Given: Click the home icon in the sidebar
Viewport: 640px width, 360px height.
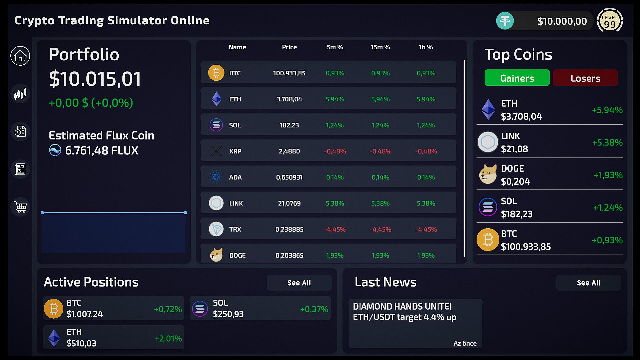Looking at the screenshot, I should point(20,56).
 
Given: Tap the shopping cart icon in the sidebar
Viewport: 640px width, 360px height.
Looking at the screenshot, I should point(20,207).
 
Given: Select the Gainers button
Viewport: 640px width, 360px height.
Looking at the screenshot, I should point(517,78).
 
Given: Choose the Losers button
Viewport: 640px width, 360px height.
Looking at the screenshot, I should point(585,78).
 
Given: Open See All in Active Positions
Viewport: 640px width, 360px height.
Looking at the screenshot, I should point(299,283).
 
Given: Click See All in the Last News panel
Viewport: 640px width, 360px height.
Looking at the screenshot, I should point(588,283).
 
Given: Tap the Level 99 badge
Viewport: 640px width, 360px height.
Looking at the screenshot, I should point(609,21).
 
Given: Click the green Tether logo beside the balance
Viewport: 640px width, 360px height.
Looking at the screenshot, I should point(505,21).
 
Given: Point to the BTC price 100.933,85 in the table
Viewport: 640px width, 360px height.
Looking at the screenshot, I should point(289,73).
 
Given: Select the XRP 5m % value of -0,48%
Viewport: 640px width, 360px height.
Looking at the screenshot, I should point(335,151).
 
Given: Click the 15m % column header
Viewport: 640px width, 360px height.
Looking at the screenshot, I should point(380,47).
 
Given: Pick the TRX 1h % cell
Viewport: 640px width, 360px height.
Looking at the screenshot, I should point(426,229).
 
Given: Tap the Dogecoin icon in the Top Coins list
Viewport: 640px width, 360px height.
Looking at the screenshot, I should point(488,174).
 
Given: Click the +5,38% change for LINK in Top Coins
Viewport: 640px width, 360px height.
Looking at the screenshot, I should point(607,143).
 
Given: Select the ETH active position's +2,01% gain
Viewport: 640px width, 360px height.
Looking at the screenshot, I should point(168,338).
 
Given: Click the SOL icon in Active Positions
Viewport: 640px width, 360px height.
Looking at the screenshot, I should point(200,309).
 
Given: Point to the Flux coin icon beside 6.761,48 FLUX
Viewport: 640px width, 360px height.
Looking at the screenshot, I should point(55,150).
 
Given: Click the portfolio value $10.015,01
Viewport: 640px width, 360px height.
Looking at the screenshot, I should point(95,79).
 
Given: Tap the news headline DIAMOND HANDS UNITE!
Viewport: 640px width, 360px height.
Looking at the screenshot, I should point(402,306).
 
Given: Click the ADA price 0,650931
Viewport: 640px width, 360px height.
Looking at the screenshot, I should point(289,177).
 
